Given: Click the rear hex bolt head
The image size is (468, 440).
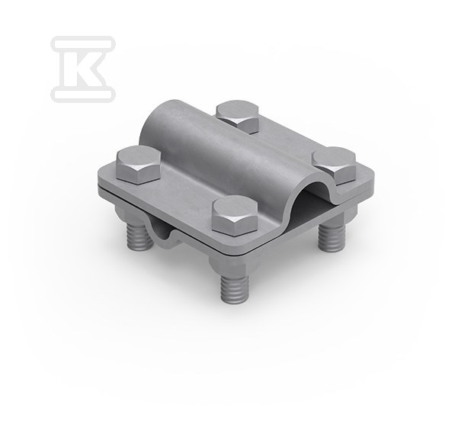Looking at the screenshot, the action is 238,117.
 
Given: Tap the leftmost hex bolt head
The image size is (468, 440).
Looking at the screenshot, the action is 139,165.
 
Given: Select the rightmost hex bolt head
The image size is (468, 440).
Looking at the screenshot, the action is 334,165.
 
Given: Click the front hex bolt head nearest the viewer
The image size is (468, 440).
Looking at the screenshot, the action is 235,216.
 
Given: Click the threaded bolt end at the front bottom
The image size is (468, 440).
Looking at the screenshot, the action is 235,287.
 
